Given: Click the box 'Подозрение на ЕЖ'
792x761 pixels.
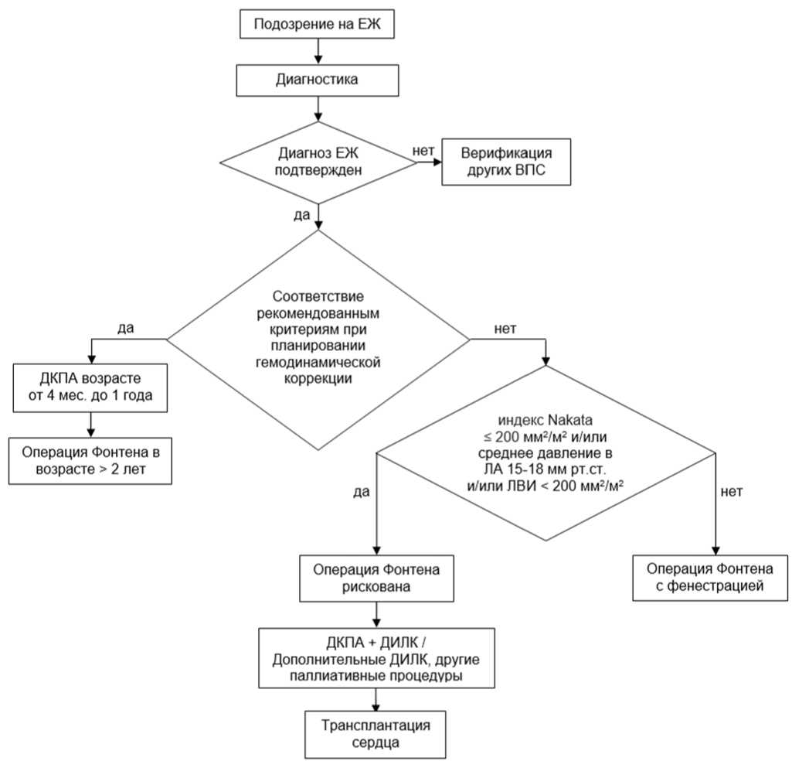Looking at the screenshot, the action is (317, 25).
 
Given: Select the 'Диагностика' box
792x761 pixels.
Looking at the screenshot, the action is (318, 80).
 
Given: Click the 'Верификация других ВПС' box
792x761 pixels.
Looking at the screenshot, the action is (506, 162).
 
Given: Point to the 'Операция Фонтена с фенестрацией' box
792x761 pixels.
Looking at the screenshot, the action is (710, 578).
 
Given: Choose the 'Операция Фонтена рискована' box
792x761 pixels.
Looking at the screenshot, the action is (376, 578).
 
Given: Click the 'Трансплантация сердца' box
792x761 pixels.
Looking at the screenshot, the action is (376, 735).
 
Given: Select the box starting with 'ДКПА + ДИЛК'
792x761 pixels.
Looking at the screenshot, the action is (376, 658).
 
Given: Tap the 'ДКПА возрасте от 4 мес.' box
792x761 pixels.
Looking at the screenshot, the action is (90, 387).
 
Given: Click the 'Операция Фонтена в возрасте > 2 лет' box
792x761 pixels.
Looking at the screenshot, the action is (90, 461).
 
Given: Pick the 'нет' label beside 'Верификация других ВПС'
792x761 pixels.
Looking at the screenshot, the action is (423, 151).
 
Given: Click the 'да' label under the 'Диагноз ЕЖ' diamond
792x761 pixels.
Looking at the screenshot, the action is (301, 215).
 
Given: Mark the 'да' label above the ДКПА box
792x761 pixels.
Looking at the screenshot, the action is (126, 328).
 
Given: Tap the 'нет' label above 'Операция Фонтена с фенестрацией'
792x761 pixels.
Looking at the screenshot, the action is (732, 492).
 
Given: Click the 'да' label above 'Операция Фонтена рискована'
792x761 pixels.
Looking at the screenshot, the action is (362, 492).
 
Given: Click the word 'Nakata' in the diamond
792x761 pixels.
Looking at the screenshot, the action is (570, 420).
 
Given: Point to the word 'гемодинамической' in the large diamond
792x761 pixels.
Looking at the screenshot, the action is (318, 363).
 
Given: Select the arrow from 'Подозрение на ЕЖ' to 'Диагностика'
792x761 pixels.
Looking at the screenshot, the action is (318, 51).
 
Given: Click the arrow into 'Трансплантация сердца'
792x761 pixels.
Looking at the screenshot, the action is (376, 700).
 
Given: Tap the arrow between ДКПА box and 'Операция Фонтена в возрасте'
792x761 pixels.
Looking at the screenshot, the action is (91, 425).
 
